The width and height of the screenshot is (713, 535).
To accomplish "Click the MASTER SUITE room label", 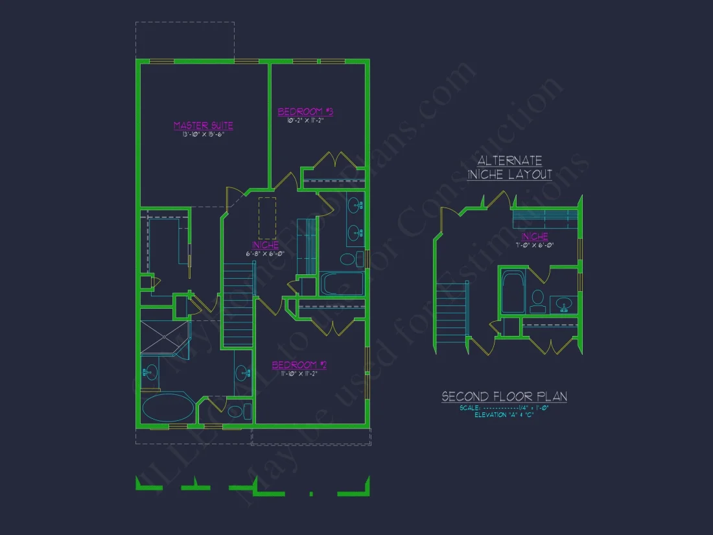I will pyautogui.click(x=203, y=126).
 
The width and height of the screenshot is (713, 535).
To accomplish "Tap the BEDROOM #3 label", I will pyautogui.click(x=305, y=112).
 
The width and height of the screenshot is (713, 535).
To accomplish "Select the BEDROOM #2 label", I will pyautogui.click(x=299, y=365).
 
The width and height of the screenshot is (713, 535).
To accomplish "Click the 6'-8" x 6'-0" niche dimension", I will pyautogui.click(x=265, y=254).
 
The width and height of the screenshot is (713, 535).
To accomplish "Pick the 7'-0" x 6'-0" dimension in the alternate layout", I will pyautogui.click(x=534, y=245).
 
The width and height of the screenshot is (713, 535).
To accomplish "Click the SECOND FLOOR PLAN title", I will pyautogui.click(x=504, y=396).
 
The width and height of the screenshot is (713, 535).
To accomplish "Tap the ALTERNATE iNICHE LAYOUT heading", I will pyautogui.click(x=510, y=167).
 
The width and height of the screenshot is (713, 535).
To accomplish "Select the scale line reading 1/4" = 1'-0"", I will pyautogui.click(x=504, y=408).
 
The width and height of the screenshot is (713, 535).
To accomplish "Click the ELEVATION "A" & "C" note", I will pyautogui.click(x=504, y=415).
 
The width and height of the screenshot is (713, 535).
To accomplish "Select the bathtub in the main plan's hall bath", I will pyautogui.click(x=342, y=284).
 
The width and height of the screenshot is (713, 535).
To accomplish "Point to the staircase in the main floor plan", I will pyautogui.click(x=237, y=305).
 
